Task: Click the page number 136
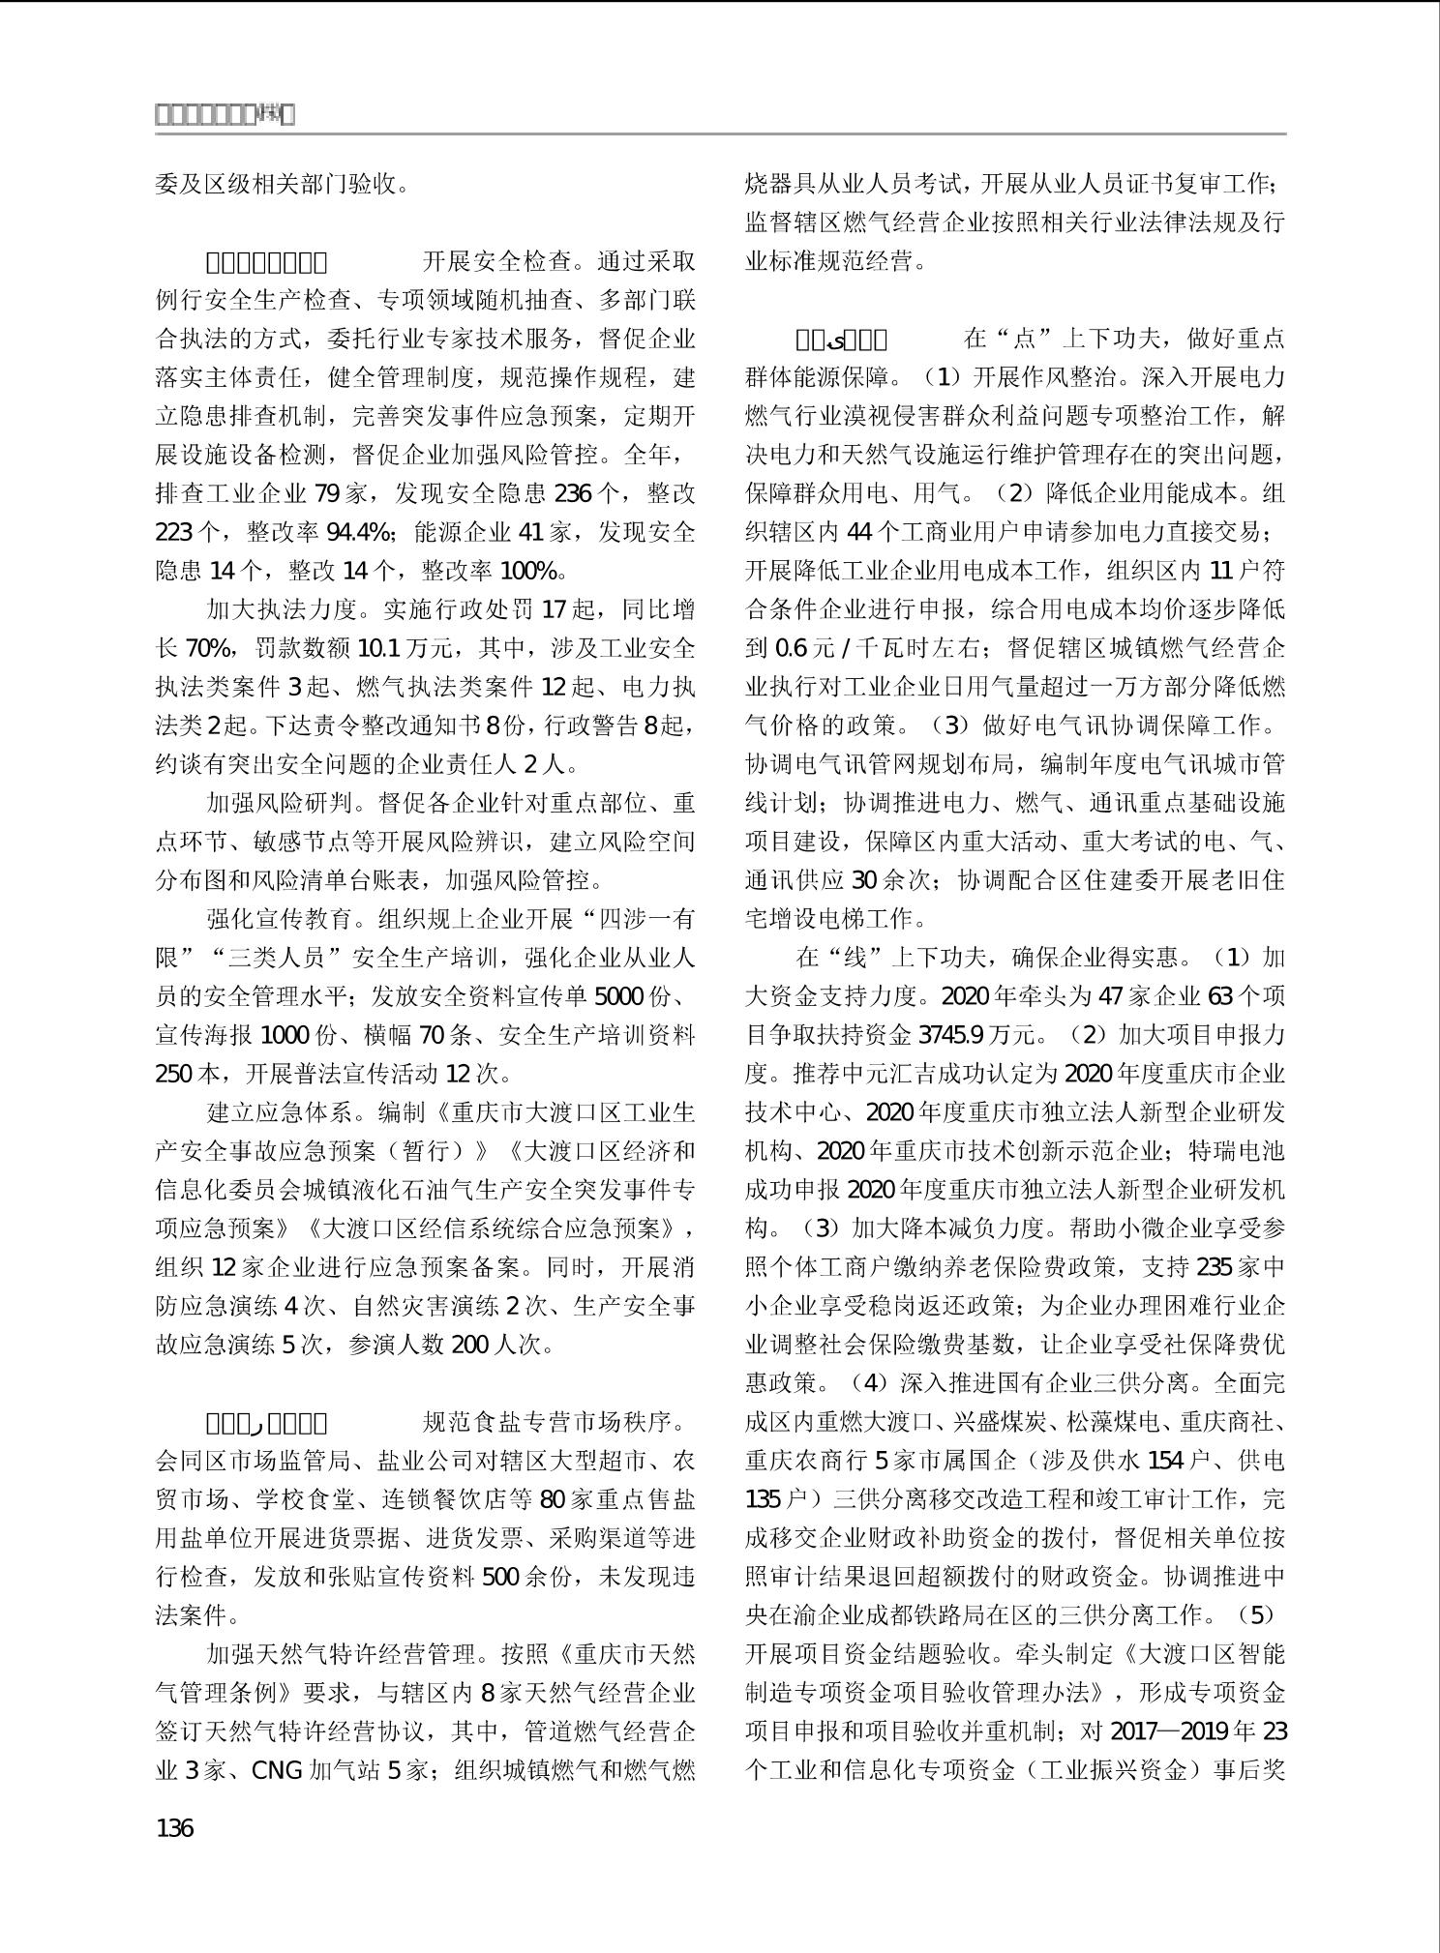(175, 1828)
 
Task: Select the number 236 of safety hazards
(572, 492)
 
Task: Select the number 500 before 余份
(501, 1577)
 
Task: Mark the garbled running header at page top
(225, 115)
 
